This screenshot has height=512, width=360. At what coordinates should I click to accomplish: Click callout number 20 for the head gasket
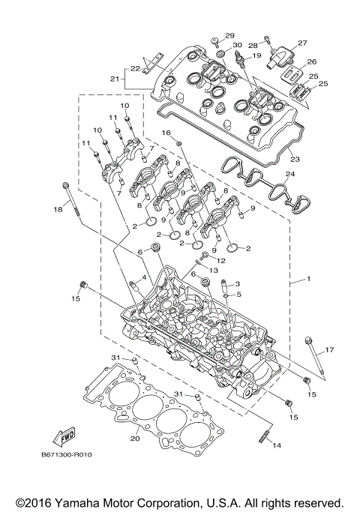pos(135,439)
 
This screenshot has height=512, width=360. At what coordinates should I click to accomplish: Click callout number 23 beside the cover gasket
pos(295,160)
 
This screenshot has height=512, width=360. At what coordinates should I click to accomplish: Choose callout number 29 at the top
pos(229,36)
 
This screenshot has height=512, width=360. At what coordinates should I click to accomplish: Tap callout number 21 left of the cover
pos(115,79)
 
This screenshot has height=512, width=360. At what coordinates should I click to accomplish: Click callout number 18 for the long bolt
pos(57,210)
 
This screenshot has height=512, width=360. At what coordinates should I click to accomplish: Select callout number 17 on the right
pos(328,349)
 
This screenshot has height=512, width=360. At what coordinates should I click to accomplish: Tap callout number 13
pos(213,269)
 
